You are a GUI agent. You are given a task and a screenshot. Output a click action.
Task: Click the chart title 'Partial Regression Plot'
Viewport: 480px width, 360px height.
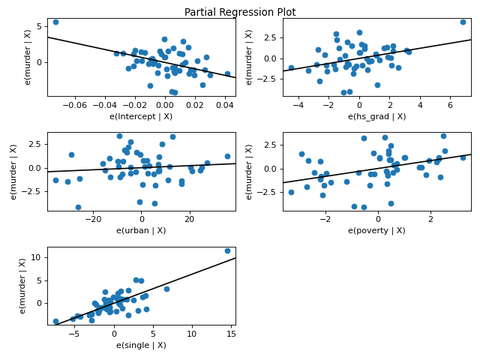click(240, 12)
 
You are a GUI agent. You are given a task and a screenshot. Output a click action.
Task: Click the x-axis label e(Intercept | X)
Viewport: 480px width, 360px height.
click(142, 116)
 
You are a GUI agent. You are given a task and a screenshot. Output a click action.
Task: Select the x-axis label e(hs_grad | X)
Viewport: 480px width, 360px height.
click(376, 116)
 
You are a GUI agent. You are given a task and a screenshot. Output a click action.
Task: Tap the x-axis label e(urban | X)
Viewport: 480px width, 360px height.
click(142, 230)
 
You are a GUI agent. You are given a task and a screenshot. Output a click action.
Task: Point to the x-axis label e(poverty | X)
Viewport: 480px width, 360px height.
click(376, 230)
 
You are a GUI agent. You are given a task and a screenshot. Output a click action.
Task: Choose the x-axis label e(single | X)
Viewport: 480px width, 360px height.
click(142, 344)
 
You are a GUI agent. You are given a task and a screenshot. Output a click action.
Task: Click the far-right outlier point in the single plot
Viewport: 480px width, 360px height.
click(227, 250)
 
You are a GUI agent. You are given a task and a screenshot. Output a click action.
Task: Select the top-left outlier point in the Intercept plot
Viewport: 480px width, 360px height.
click(55, 22)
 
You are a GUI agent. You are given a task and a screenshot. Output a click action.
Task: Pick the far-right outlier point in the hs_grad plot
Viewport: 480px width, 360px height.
click(463, 22)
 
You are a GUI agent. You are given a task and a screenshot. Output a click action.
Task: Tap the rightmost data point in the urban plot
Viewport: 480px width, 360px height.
click(227, 157)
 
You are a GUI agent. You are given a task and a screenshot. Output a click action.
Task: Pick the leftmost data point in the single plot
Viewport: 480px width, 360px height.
click(55, 321)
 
